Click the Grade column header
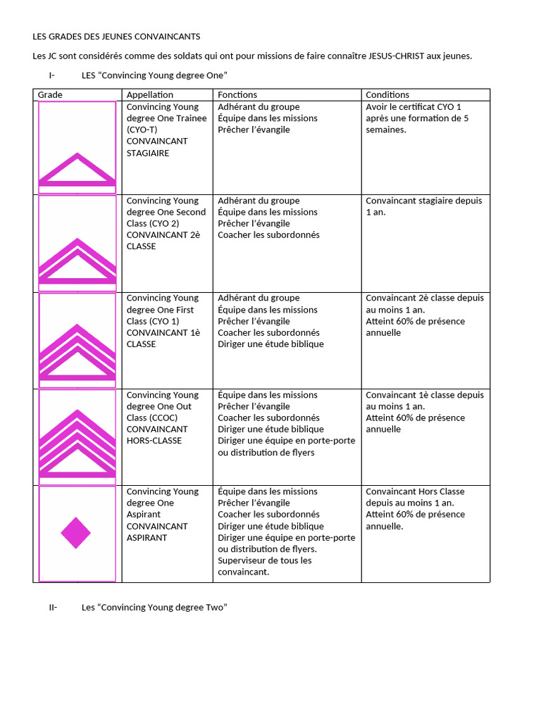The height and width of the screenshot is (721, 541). (x=50, y=94)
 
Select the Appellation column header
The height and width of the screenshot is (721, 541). (x=149, y=94)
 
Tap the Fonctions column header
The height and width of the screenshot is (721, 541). (x=237, y=94)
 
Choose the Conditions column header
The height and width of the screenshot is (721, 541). (x=387, y=94)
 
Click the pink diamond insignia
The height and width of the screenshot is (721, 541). (x=76, y=533)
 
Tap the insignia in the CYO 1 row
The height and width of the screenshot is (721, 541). (x=77, y=352)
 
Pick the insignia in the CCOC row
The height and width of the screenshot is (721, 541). (x=77, y=444)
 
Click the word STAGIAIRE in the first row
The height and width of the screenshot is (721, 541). (x=148, y=153)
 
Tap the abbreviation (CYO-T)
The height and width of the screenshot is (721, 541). (x=142, y=130)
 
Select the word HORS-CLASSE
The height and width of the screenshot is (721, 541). (x=154, y=441)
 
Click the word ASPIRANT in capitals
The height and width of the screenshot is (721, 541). (x=147, y=537)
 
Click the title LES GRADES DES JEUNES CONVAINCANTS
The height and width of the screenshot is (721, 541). (x=116, y=36)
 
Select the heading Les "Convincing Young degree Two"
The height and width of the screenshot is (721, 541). (x=154, y=607)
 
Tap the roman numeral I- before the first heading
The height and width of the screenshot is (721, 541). (x=52, y=75)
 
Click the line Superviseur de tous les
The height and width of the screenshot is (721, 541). (x=265, y=560)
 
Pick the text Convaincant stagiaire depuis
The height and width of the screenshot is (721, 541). (x=424, y=201)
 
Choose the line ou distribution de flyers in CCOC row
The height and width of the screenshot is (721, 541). (x=266, y=452)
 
